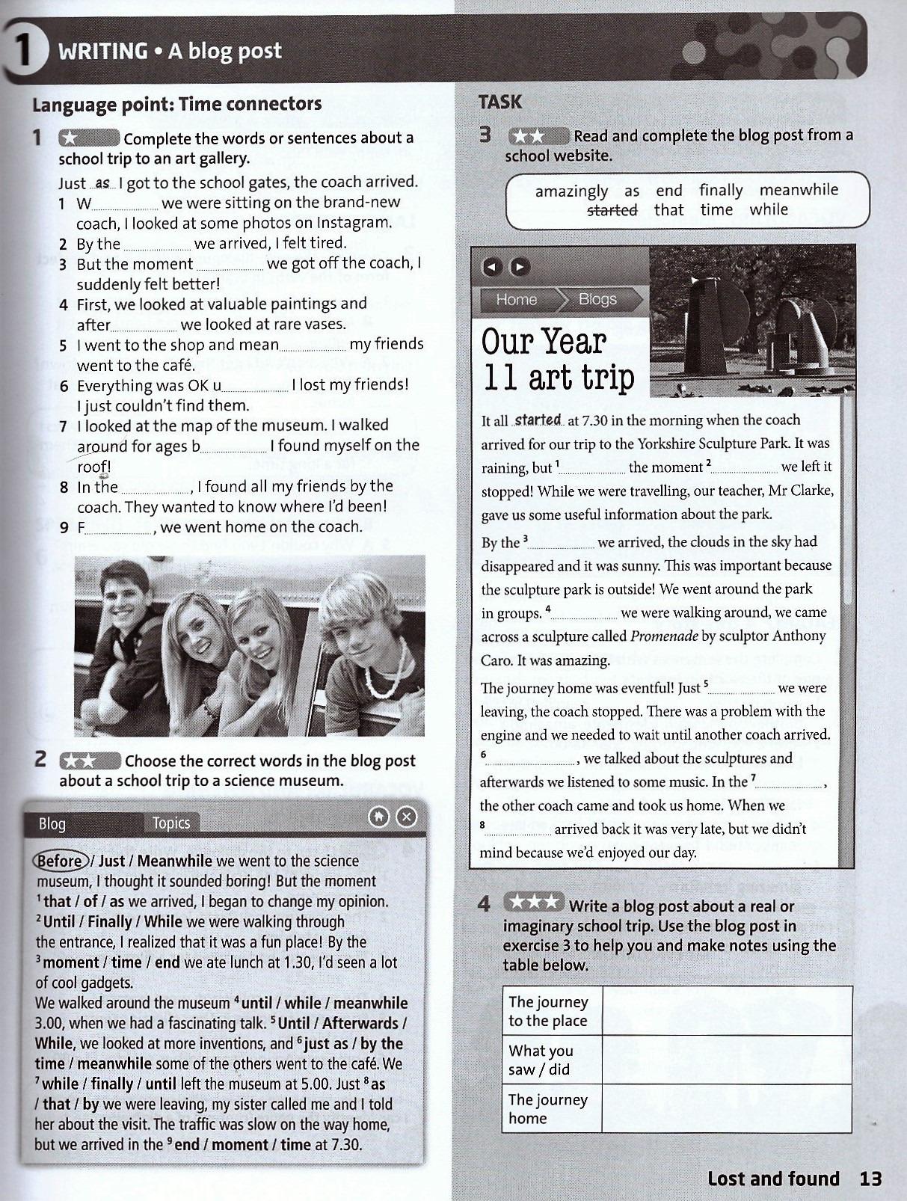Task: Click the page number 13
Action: (871, 1179)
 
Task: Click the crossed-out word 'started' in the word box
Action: (612, 210)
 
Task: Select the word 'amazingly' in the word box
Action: (571, 191)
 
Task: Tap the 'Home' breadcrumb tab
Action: (516, 299)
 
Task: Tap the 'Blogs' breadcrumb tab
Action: (597, 299)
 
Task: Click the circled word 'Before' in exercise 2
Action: (61, 861)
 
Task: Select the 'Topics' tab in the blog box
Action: (171, 823)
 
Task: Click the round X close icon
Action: (406, 817)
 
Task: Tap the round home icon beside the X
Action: (379, 817)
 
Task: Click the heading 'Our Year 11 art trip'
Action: (558, 359)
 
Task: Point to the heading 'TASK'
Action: (500, 102)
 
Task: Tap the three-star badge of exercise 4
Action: (533, 902)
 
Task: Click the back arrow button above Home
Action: (491, 266)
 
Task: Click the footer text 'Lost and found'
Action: (773, 1179)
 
